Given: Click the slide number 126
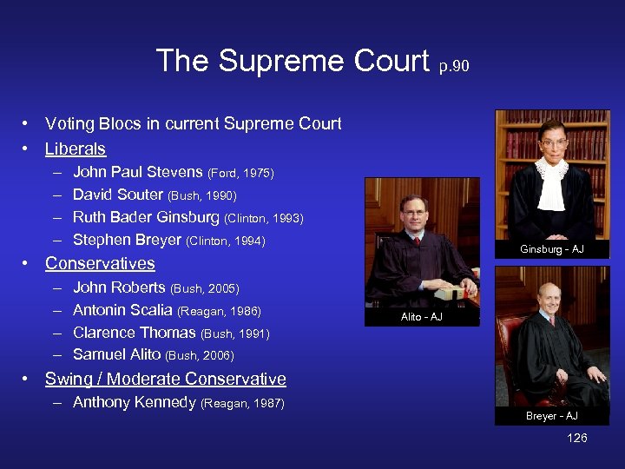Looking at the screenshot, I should pyautogui.click(x=577, y=438).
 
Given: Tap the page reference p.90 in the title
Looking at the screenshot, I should pyautogui.click(x=454, y=66).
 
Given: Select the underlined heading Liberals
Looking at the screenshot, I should pyautogui.click(x=76, y=149).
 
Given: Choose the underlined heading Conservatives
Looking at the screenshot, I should pyautogui.click(x=100, y=263).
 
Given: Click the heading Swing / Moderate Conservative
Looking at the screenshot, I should pyautogui.click(x=165, y=379).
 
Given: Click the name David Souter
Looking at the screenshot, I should pyautogui.click(x=118, y=195).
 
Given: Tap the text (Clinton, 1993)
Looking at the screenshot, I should pyautogui.click(x=264, y=218).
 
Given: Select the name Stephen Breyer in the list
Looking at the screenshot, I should pyautogui.click(x=127, y=240).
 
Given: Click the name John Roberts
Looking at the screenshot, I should pyautogui.click(x=119, y=287).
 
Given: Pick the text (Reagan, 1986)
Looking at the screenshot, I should pyautogui.click(x=219, y=311).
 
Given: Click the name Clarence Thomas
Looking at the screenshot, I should pyautogui.click(x=135, y=333).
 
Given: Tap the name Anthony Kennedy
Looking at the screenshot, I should pyautogui.click(x=134, y=402).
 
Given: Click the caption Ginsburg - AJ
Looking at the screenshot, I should pyautogui.click(x=552, y=249).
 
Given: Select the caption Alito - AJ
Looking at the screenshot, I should pyautogui.click(x=422, y=317).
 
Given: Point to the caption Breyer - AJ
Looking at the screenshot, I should pyautogui.click(x=552, y=416).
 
